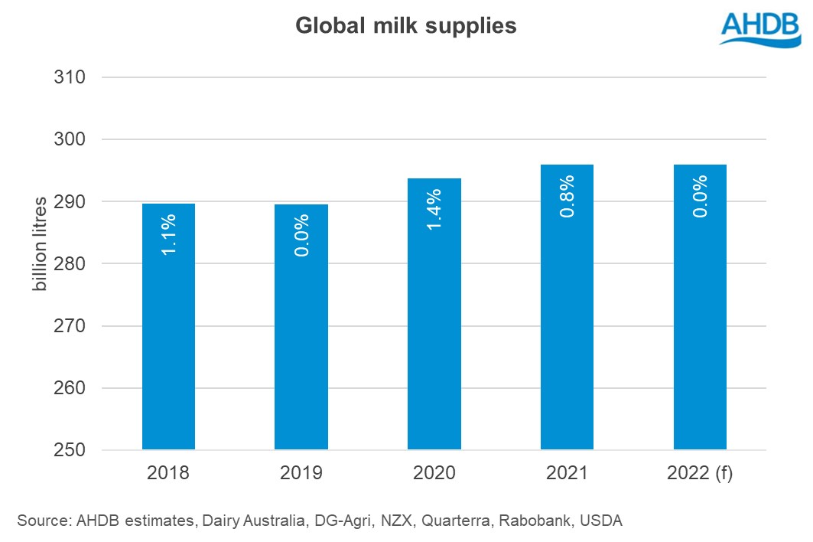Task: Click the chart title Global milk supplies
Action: [x=406, y=26]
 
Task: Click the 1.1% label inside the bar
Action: [x=169, y=233]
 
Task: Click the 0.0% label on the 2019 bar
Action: [x=301, y=234]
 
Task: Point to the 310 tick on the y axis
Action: [x=69, y=77]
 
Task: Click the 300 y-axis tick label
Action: [x=69, y=139]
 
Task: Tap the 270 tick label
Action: [x=69, y=326]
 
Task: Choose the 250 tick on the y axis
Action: [x=69, y=450]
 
